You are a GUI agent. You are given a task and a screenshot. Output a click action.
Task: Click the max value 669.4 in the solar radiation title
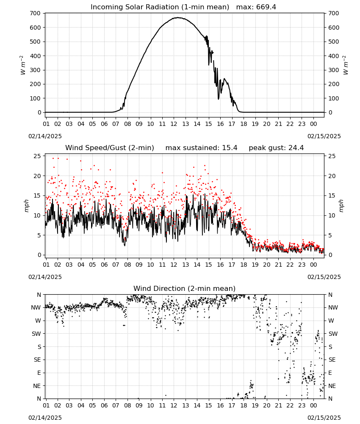[x=266, y=7]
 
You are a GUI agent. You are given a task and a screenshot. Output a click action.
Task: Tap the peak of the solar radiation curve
[x=178, y=17]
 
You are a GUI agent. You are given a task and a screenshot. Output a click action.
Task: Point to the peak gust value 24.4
[x=296, y=148]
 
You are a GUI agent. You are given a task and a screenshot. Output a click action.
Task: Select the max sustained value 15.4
[x=230, y=148]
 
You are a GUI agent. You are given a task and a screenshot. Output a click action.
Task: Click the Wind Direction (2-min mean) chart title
[x=185, y=288]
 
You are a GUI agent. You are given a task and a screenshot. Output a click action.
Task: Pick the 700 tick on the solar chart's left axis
[x=35, y=13]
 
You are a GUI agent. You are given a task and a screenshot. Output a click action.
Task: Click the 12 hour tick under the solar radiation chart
[x=174, y=124]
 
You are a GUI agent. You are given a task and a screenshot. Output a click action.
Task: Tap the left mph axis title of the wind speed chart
[x=26, y=206]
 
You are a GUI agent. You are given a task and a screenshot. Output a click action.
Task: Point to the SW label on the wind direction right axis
[x=333, y=334]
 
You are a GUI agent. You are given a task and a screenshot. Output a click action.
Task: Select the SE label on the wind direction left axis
[x=37, y=360]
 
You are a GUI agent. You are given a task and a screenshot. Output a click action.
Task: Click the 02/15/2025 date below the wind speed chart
[x=324, y=277]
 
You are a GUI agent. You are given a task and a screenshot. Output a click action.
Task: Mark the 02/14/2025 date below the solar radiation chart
[x=45, y=136]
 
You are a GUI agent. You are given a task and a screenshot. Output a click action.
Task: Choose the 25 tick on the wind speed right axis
[x=332, y=156]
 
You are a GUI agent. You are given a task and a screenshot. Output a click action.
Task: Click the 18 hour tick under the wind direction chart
[x=244, y=406]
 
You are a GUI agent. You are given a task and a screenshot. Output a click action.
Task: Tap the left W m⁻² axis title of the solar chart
[x=23, y=65]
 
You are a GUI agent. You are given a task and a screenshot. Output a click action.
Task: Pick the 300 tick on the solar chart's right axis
[x=334, y=70]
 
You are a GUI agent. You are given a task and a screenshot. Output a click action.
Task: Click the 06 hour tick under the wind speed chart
[x=104, y=265]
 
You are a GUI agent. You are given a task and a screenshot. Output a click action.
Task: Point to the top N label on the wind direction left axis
[x=39, y=295]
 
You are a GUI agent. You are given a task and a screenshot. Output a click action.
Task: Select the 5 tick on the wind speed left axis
[x=39, y=235]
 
